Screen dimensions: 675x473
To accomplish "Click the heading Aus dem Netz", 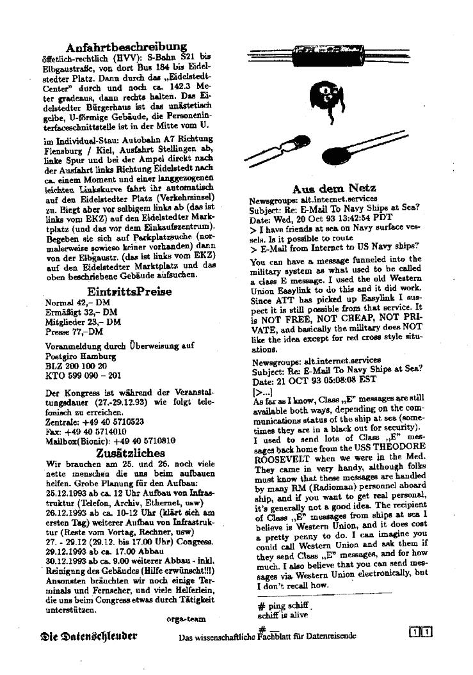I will click(333, 188).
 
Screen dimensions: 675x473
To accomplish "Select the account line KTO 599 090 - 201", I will click(83, 376).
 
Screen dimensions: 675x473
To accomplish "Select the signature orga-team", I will click(186, 619).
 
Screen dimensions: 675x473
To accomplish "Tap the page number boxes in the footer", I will click(420, 633).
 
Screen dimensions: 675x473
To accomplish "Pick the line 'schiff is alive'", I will click(282, 615).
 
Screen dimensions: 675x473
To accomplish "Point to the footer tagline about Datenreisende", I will click(268, 636).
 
